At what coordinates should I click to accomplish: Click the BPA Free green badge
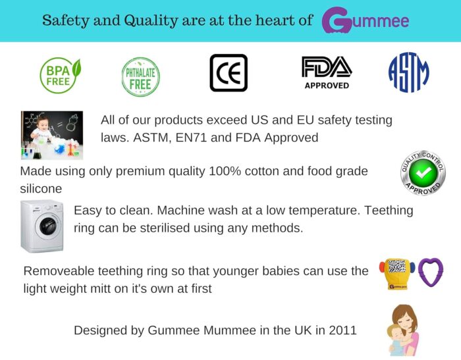coord(61,75)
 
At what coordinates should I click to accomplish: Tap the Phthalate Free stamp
coord(141,76)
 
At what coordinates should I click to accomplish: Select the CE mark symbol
coord(229,72)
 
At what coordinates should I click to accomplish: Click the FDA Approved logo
coord(327,72)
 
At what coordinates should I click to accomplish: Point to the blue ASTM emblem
coord(409,72)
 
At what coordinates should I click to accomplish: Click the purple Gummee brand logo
coord(366,20)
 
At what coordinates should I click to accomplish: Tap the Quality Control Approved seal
coord(423,173)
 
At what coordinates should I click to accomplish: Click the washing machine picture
coord(42,226)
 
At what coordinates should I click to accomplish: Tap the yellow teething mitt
coord(397,273)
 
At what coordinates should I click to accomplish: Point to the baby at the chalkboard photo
coord(52,135)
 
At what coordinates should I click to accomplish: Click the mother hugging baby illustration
coord(403,330)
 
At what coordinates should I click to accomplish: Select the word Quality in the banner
coord(151,20)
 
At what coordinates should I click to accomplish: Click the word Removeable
coord(59,271)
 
